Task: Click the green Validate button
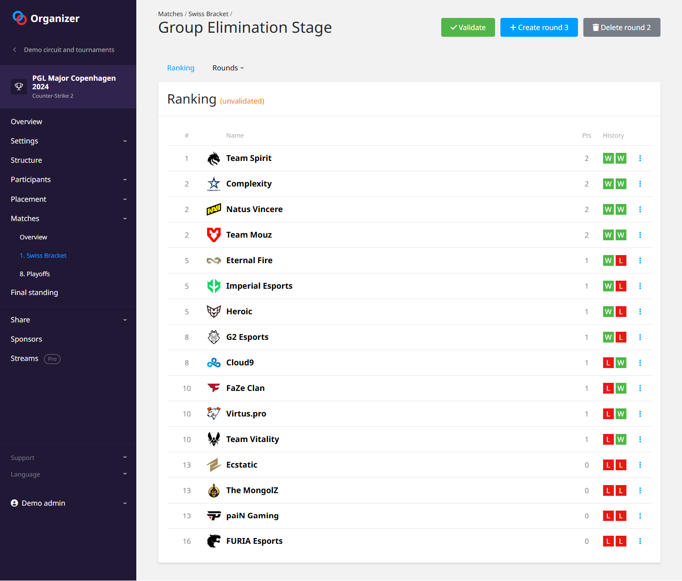click(x=468, y=27)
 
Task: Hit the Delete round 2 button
click(x=621, y=27)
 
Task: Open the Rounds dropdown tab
click(x=228, y=68)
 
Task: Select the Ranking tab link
click(x=181, y=68)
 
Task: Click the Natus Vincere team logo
click(x=214, y=209)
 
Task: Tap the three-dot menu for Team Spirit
click(x=640, y=158)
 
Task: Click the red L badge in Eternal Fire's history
click(x=621, y=260)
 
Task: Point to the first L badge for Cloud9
click(x=608, y=363)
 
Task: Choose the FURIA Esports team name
click(x=254, y=541)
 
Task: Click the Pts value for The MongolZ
click(x=586, y=490)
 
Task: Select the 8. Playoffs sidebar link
click(x=35, y=274)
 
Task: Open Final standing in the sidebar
click(x=35, y=292)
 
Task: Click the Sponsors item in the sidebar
click(x=26, y=339)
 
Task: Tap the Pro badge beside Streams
click(x=52, y=359)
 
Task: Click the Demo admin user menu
click(x=43, y=503)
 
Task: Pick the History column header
click(x=613, y=135)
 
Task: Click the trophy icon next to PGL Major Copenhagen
click(x=19, y=86)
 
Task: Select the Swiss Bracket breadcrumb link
click(x=208, y=14)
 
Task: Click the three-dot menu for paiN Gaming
click(x=640, y=516)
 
